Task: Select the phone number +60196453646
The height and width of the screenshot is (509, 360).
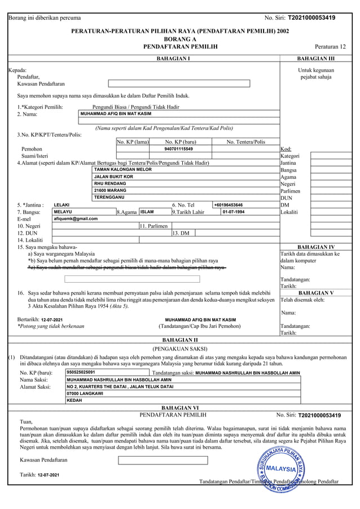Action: pos(229,205)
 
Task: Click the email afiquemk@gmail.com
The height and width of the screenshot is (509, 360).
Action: pos(76,218)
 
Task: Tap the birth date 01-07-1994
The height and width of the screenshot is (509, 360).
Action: pos(234,212)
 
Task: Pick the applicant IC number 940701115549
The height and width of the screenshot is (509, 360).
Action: pos(178,149)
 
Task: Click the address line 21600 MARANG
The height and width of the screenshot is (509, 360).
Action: pos(110,191)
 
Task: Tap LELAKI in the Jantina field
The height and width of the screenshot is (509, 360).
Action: pos(62,205)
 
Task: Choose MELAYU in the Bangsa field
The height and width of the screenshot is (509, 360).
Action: pos(63,212)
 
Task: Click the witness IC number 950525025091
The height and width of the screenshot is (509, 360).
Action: pos(81,372)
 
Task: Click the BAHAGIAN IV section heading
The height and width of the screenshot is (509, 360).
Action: pos(315,247)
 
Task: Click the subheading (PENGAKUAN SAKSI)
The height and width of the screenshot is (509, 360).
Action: pos(180,349)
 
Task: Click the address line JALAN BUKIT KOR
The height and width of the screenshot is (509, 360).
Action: pos(113,177)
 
